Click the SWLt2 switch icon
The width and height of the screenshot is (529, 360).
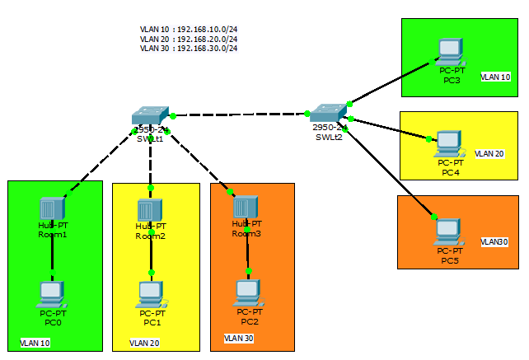point(329,113)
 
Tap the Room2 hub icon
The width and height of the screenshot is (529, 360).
point(150,209)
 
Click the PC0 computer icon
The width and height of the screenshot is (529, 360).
point(51,294)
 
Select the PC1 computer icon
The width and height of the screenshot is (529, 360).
point(152,294)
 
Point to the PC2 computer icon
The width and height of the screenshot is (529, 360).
point(248,292)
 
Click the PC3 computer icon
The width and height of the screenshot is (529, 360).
point(451,51)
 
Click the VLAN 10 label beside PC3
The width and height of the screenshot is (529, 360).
point(496,77)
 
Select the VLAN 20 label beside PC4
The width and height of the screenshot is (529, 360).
point(489,153)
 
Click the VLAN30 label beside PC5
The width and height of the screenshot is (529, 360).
point(495,241)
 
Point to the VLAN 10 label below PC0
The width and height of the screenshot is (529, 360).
point(35,343)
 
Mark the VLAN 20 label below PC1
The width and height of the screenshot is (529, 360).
point(144,343)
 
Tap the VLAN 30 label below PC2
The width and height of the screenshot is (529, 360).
point(239,338)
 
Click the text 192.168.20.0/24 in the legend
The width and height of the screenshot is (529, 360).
point(208,39)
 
